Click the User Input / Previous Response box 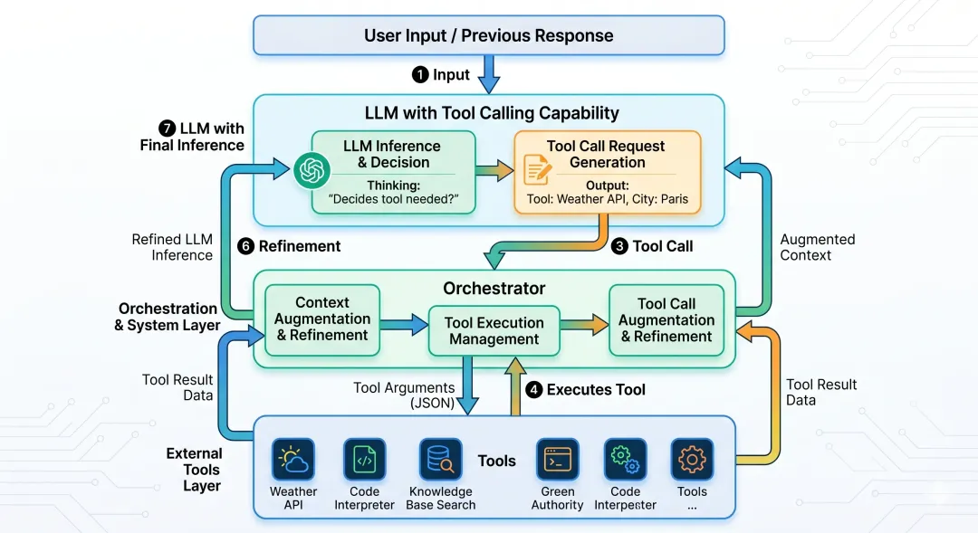coord(488,36)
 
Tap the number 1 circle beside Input coord(420,74)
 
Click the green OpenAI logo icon coord(311,170)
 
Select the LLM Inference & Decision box coord(393,172)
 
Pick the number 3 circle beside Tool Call coord(619,245)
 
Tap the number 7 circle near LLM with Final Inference coord(166,128)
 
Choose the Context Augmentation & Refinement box coord(322,319)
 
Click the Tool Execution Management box coord(494,330)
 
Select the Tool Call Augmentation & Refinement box coord(666,319)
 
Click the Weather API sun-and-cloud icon coord(293,461)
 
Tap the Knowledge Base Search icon coord(441,461)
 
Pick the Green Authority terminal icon coord(558,461)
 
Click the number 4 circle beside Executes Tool coord(534,389)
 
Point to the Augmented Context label coord(818,247)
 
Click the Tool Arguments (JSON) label coord(404,395)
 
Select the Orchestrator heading coord(494,289)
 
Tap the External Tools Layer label coord(195,470)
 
